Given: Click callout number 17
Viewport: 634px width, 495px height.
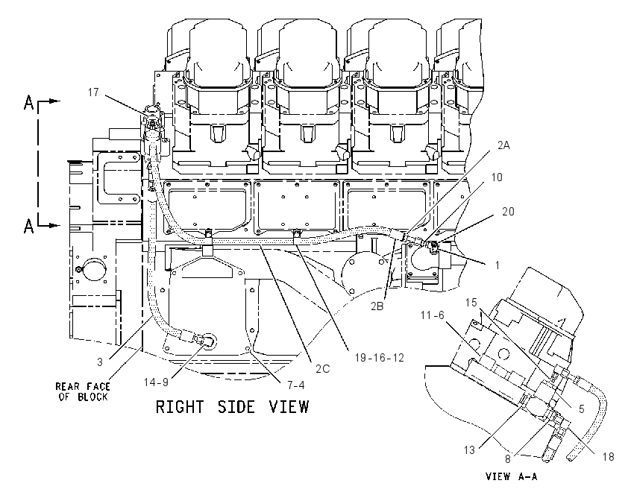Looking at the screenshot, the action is click(93, 92).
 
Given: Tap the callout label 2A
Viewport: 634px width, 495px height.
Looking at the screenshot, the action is click(503, 145).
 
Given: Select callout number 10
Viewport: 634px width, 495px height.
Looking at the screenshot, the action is click(497, 177).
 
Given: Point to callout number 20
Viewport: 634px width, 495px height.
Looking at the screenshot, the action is click(508, 211).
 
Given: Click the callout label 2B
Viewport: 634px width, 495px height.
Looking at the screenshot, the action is click(377, 306).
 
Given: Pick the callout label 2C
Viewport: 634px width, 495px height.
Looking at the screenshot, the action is click(323, 368).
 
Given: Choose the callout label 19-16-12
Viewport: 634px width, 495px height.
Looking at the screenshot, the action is click(379, 357).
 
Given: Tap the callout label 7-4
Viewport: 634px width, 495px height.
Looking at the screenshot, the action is click(296, 385).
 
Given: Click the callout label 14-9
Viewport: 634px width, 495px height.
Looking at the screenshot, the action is click(156, 382).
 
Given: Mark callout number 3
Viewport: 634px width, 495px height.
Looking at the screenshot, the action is click(100, 362).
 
